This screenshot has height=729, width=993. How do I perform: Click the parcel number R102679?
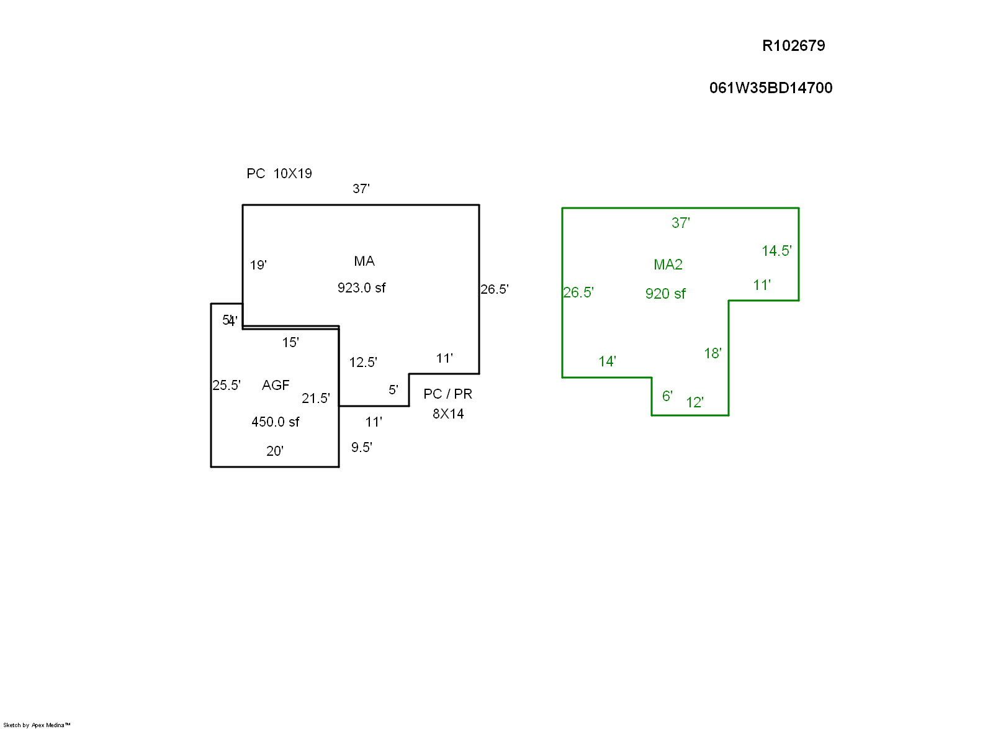tap(793, 46)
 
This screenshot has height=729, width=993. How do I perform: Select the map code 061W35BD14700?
tap(770, 88)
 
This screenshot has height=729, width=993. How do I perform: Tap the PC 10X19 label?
tap(279, 174)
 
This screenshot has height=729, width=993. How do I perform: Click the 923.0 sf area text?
tap(361, 288)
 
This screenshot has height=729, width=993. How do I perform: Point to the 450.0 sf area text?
tap(275, 422)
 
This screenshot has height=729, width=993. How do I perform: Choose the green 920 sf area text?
tap(665, 294)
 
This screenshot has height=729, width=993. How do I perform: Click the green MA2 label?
tap(668, 265)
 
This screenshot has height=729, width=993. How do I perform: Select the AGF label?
tap(276, 386)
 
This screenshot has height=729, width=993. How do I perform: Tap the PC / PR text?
tap(447, 394)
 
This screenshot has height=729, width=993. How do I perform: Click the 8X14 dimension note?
tap(448, 414)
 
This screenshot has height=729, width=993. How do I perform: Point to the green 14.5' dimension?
tap(776, 251)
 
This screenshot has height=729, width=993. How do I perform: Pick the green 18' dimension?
tap(712, 354)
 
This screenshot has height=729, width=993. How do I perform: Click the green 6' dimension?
tap(667, 396)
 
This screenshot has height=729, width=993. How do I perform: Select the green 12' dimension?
tap(694, 403)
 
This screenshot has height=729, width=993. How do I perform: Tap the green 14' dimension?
tap(607, 362)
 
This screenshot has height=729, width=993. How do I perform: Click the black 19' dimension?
tap(258, 266)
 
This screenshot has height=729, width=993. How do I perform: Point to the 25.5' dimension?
tap(227, 386)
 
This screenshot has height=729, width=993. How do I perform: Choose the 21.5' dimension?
tap(316, 399)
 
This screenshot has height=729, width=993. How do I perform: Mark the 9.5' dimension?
tap(361, 448)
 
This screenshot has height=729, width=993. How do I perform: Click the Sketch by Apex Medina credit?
tap(37, 725)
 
